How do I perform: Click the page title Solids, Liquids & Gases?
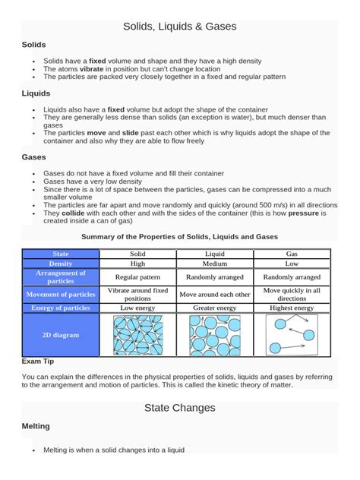[x=180, y=27]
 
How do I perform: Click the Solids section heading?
[x=35, y=46]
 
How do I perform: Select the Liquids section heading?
[x=36, y=93]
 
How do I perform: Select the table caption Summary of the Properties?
[x=179, y=237]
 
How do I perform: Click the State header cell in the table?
[x=61, y=253]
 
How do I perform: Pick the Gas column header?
[x=292, y=253]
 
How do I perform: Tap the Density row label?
[x=61, y=264]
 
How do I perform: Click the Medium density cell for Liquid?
[x=215, y=264]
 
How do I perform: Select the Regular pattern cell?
[x=138, y=277]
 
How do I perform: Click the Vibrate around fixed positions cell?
[x=138, y=294]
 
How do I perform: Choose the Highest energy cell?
[x=292, y=308]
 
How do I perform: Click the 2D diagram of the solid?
[x=138, y=335]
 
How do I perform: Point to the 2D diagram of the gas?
[x=292, y=335]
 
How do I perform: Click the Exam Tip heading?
[x=37, y=362]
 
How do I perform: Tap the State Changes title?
[x=180, y=408]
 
